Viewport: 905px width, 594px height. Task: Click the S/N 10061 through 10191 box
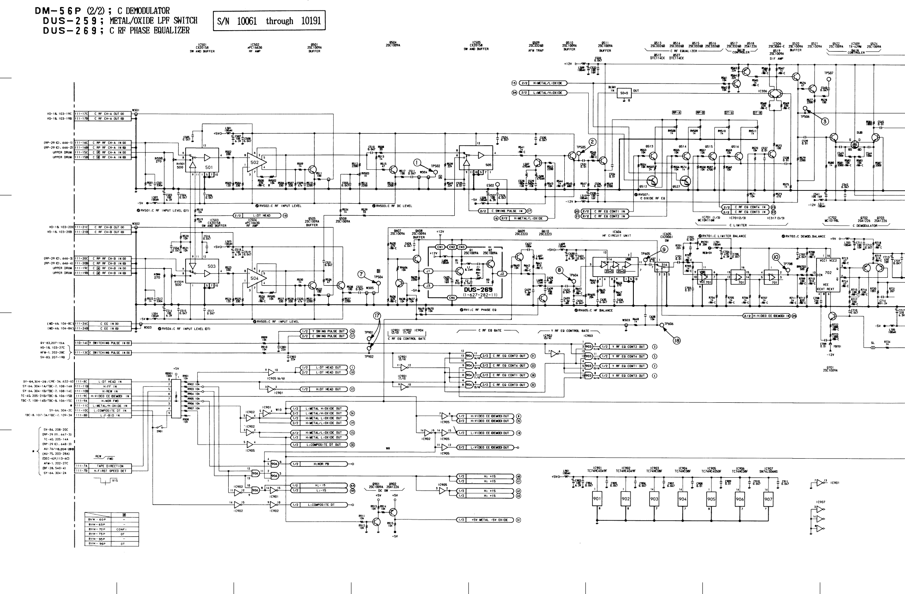pos(269,21)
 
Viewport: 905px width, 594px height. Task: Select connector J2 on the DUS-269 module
pos(502,273)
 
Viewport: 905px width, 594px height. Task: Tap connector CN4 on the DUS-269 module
pos(452,298)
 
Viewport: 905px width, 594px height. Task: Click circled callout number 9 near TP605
pos(664,249)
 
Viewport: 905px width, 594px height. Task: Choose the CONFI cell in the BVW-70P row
pos(121,529)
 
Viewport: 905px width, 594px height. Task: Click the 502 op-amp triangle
pos(256,163)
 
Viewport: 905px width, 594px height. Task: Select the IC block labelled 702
pos(828,273)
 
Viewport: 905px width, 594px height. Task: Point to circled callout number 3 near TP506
pos(825,121)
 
